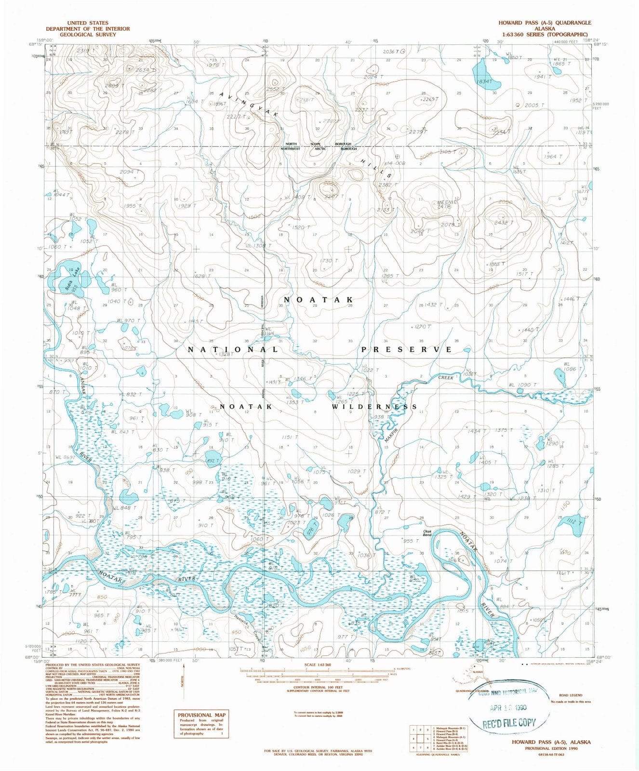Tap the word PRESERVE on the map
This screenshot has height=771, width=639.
coord(407,349)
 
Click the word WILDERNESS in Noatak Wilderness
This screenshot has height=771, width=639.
coord(374,407)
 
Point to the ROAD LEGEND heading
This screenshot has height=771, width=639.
coord(571,695)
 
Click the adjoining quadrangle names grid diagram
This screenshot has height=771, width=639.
coord(419,738)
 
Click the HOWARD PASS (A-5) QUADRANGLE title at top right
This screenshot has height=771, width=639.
coord(545,23)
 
